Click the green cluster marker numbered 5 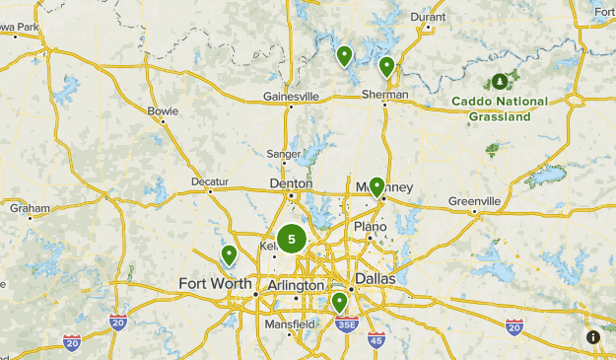291,239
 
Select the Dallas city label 375,279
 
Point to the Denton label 291,183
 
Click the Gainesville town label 292,97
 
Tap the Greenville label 475,201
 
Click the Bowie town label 163,110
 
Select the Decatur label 210,182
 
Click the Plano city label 371,227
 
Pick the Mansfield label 290,324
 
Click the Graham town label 30,208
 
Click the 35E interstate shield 345,323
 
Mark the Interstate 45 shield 376,340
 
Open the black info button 593,337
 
